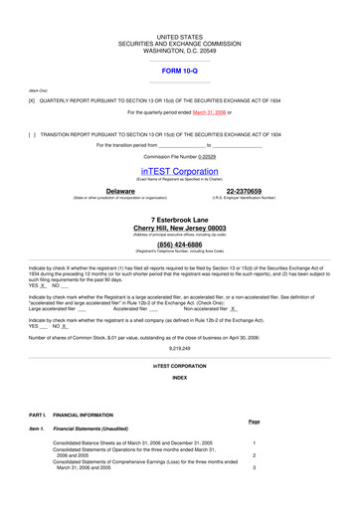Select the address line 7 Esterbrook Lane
(x=180, y=219)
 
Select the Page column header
(x=254, y=421)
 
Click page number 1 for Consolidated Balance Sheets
(x=255, y=442)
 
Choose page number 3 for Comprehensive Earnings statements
(x=255, y=467)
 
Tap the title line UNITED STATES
(x=180, y=35)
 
